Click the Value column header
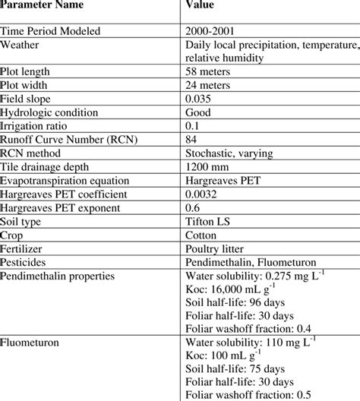(201, 6)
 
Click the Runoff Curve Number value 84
(191, 141)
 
